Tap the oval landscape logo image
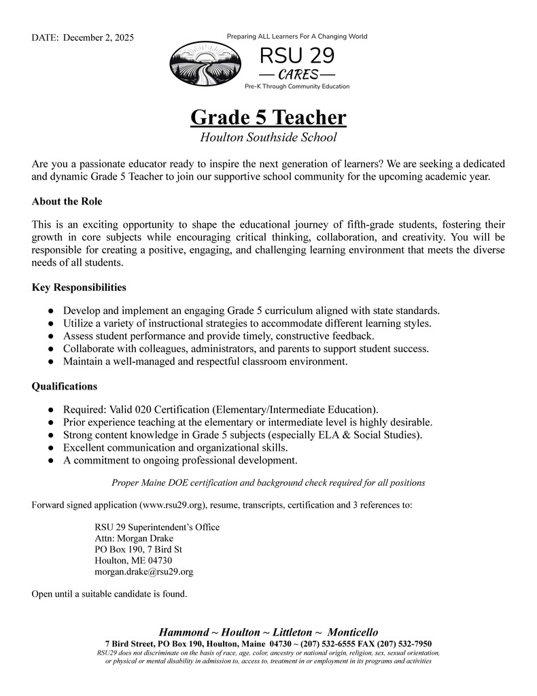tap(204, 63)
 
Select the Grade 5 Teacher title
tap(268, 118)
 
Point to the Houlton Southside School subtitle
tap(268, 138)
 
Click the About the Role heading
tap(67, 202)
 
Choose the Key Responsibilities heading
tap(79, 288)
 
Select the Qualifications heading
tap(65, 386)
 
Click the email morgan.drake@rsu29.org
tap(143, 572)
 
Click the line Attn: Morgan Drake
tap(135, 538)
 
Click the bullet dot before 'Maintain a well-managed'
tap(52, 362)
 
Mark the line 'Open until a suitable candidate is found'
tap(109, 594)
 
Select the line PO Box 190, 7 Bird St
tap(138, 549)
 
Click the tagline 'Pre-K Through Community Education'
tap(297, 86)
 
